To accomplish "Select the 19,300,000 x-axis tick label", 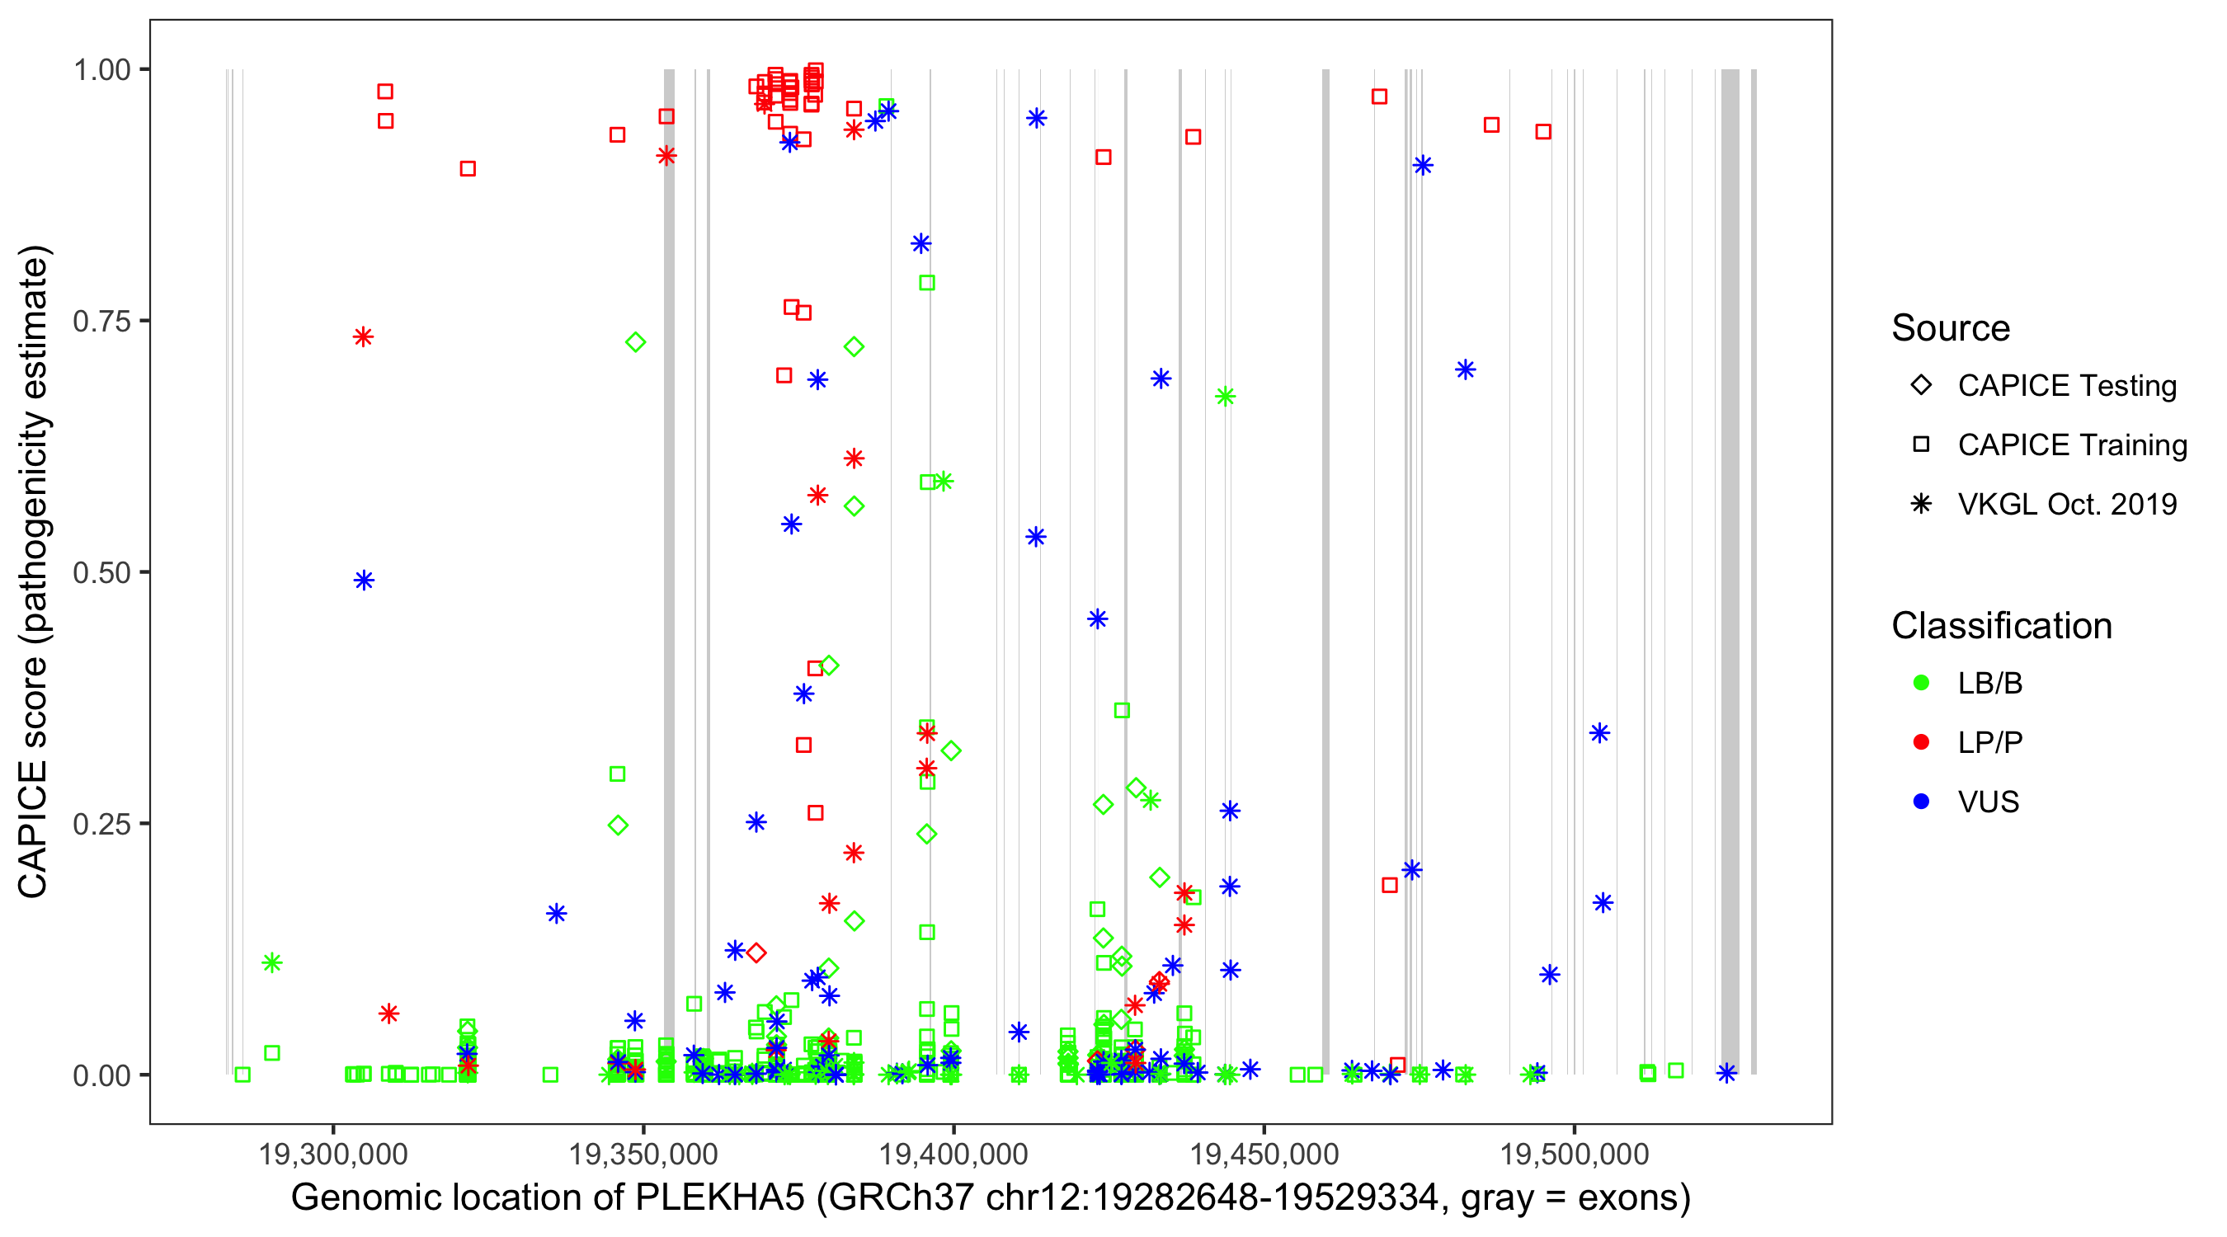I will [x=333, y=1153].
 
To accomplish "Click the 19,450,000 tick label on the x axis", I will [x=1264, y=1153].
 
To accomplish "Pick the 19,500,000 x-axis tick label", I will [x=1575, y=1153].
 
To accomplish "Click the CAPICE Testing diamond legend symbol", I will [x=1921, y=386].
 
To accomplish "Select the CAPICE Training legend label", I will [x=2072, y=445].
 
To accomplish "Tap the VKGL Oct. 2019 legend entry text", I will [x=2067, y=504].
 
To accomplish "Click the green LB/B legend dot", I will [x=1921, y=683].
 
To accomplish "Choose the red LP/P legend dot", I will [x=1921, y=742].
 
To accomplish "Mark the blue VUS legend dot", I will [x=1921, y=802].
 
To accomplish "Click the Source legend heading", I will [x=1951, y=328].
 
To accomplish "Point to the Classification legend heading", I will [x=2001, y=626].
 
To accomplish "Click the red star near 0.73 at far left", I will [x=363, y=336].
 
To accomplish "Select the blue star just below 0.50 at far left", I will [x=364, y=580].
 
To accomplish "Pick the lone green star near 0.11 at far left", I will [x=272, y=962].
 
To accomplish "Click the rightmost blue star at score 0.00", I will [x=1726, y=1073].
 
